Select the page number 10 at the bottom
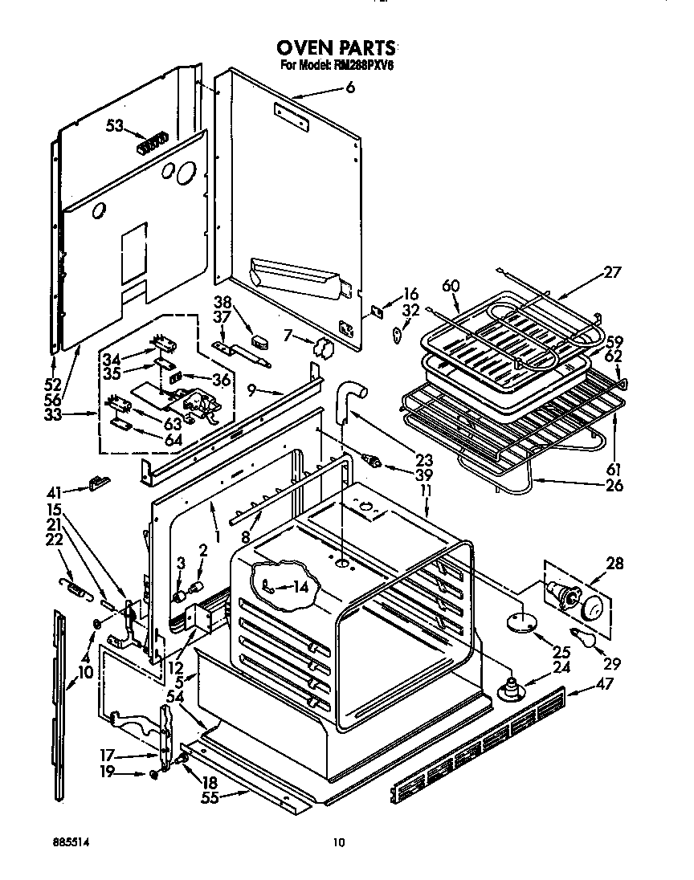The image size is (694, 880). (339, 842)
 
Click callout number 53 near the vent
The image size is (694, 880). (116, 124)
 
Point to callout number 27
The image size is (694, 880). (613, 272)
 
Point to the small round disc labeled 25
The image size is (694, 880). (520, 620)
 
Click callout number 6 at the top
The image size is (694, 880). (349, 89)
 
